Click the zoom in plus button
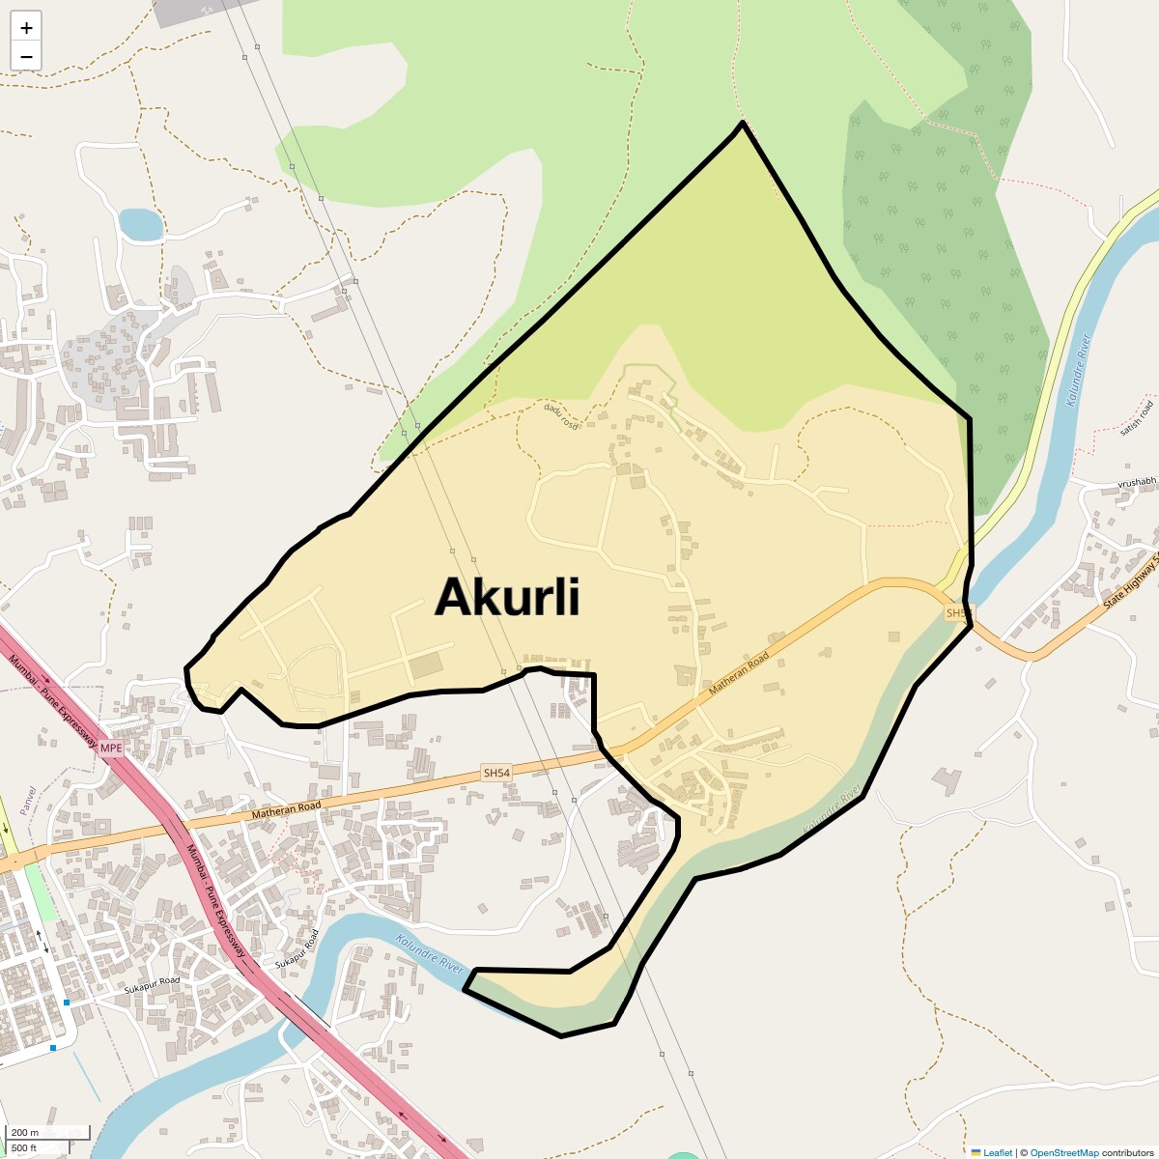[26, 28]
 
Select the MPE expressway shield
[111, 748]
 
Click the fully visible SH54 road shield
[495, 773]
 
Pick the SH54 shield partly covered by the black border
[955, 613]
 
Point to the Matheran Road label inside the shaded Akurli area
[739, 674]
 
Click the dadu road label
[560, 415]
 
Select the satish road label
[1137, 417]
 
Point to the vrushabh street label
[1137, 482]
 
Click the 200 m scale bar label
[26, 1133]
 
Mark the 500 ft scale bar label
[24, 1147]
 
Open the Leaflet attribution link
[998, 1152]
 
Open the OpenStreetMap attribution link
[1064, 1152]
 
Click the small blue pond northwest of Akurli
[140, 224]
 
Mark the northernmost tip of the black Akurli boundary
[742, 123]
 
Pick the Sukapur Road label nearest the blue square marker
[152, 986]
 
